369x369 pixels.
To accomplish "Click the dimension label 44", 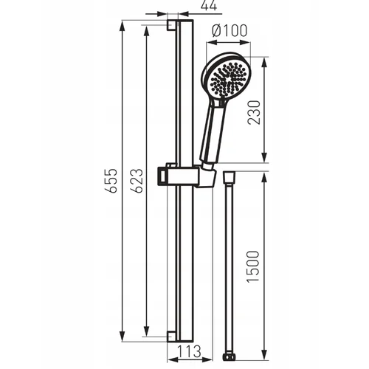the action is tap(209, 5).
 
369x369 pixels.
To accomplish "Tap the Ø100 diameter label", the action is tap(230, 30).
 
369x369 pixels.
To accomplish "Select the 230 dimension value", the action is tap(254, 112).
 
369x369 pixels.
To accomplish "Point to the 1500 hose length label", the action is tap(253, 266).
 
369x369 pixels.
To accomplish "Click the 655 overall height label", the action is tap(110, 181).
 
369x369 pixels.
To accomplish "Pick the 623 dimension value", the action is tap(137, 181).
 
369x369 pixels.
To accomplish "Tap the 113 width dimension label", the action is tap(189, 351).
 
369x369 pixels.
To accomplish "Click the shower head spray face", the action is tap(228, 79).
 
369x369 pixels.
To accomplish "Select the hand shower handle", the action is tap(212, 133).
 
